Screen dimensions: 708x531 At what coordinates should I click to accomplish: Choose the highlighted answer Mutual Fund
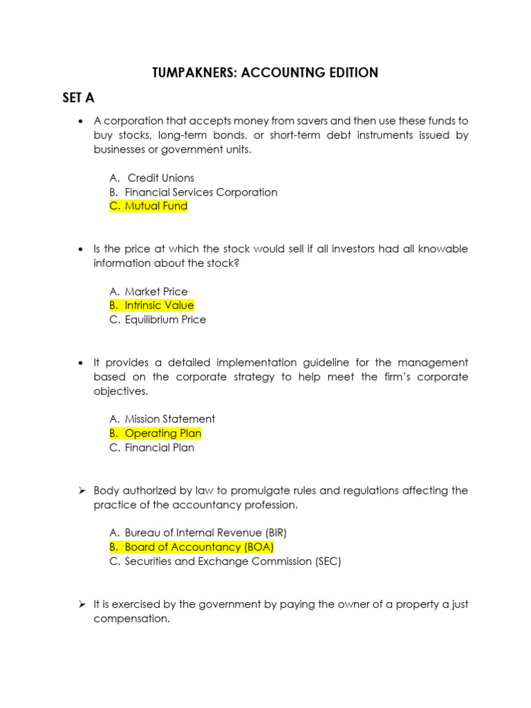pyautogui.click(x=156, y=206)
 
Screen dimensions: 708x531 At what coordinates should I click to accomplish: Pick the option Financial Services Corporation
pyautogui.click(x=201, y=192)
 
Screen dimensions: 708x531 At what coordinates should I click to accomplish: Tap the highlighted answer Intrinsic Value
pyautogui.click(x=159, y=306)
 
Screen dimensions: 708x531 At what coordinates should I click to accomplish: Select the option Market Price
pyautogui.click(x=156, y=292)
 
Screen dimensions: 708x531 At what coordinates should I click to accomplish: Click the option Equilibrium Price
pyautogui.click(x=165, y=320)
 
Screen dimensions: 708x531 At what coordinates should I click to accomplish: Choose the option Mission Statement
pyautogui.click(x=169, y=419)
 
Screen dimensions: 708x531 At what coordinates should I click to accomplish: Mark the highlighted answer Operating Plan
pyautogui.click(x=162, y=434)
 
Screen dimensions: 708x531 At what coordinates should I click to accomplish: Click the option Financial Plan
pyautogui.click(x=159, y=448)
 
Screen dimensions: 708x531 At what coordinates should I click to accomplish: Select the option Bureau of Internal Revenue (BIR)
pyautogui.click(x=205, y=533)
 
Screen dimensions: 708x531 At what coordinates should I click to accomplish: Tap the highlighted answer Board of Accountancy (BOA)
pyautogui.click(x=199, y=547)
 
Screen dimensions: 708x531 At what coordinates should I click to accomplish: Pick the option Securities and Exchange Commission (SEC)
pyautogui.click(x=232, y=561)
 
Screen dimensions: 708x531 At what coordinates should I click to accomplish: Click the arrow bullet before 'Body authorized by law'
pyautogui.click(x=81, y=491)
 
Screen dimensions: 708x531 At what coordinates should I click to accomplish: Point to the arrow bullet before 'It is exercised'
pyautogui.click(x=81, y=604)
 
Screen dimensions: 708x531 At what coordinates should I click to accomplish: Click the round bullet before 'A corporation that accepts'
pyautogui.click(x=82, y=121)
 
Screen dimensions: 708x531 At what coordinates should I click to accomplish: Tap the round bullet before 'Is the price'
pyautogui.click(x=82, y=249)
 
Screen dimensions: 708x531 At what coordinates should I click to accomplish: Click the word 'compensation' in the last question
pyautogui.click(x=131, y=619)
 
